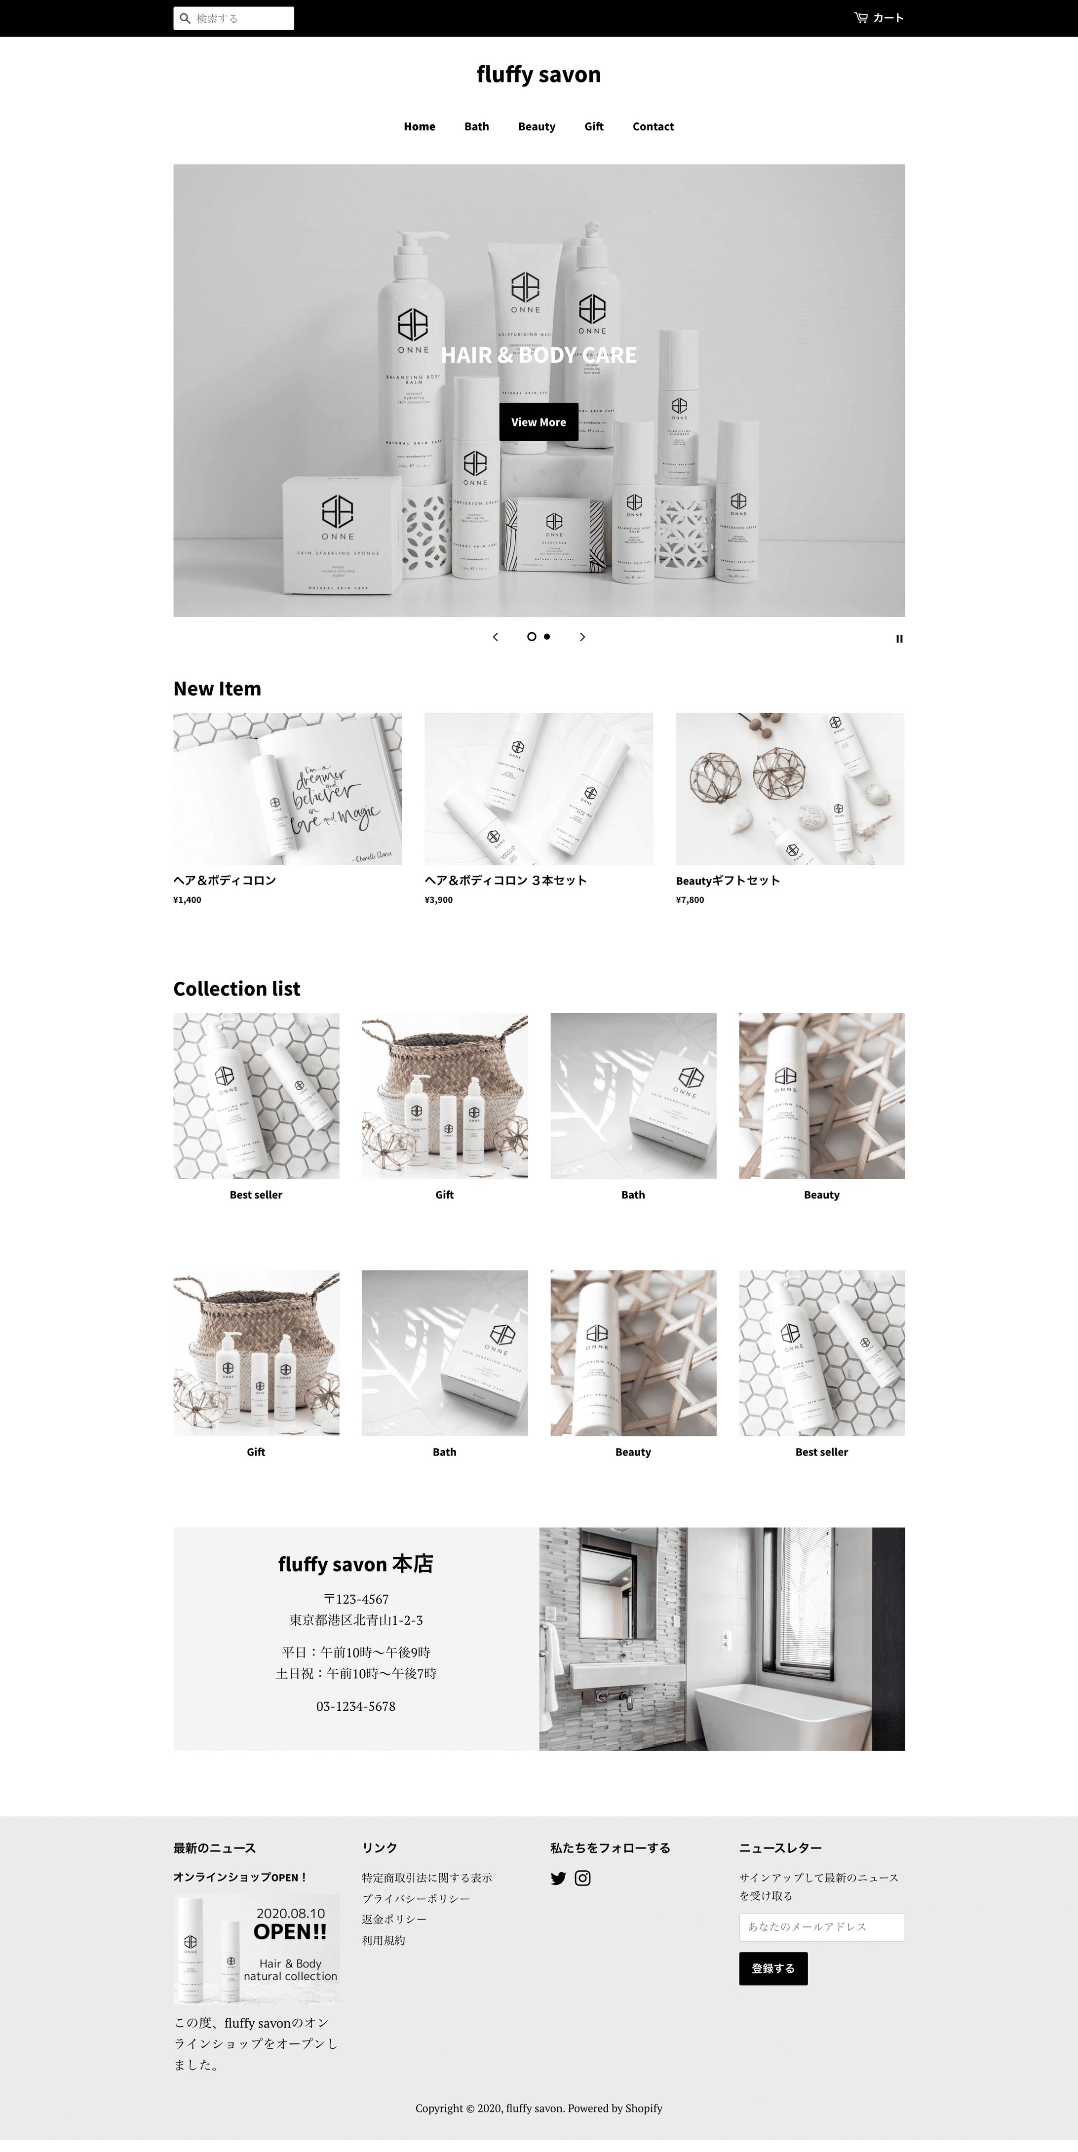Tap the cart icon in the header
[861, 18]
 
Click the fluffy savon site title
[538, 75]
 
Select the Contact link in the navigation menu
[653, 126]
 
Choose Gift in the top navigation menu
[593, 126]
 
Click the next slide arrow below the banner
[582, 637]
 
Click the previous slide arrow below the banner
[496, 637]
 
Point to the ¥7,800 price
[690, 900]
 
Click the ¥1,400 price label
[187, 900]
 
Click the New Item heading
[217, 689]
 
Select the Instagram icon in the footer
[582, 1878]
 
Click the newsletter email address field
[821, 1926]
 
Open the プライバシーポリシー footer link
[415, 1898]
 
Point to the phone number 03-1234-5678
[355, 1706]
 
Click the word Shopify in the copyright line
[644, 2108]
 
